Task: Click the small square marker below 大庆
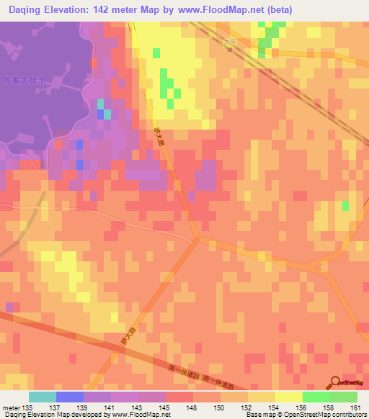(x=229, y=50)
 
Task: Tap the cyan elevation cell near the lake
(x=107, y=113)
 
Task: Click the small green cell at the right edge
(x=345, y=206)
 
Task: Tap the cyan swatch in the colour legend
(x=43, y=397)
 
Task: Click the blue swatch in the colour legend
(x=70, y=397)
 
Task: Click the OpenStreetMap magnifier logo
(x=335, y=382)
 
